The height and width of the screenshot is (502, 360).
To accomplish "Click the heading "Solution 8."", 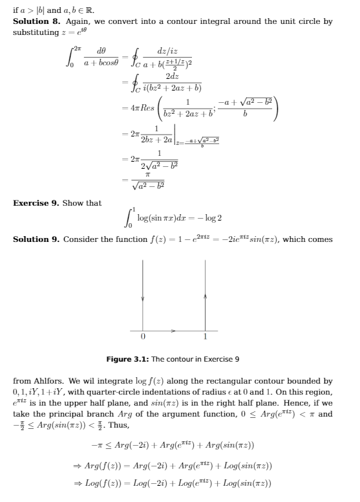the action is pos(30,21).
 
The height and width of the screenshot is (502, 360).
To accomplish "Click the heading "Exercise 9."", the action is pos(36,203).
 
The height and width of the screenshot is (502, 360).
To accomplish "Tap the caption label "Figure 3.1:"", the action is pos(123,358).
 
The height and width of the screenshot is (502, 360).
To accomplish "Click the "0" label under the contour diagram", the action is pos(143,337).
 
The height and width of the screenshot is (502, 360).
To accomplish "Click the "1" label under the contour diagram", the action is pos(205,337).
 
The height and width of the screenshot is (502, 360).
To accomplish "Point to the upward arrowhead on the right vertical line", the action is pos(205,295).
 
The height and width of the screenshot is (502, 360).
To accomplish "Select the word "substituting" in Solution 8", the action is pos(36,31).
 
